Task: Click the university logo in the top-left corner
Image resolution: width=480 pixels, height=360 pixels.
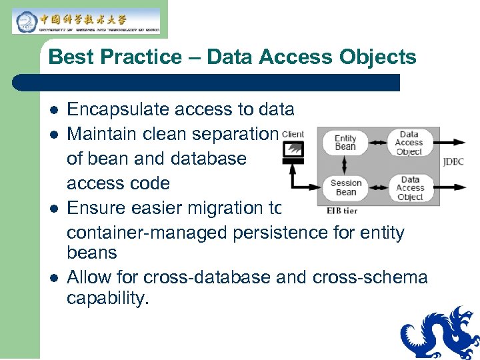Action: coord(86,21)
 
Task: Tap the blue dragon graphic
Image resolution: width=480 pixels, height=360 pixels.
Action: coord(440,333)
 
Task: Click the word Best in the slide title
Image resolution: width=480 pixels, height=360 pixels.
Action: coord(69,57)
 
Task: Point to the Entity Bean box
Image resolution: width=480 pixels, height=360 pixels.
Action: coord(345,143)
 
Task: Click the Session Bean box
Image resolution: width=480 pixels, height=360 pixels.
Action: coord(345,187)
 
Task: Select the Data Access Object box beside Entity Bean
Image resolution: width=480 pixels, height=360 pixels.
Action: coord(409,143)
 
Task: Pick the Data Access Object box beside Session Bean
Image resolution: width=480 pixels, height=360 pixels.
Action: coord(409,187)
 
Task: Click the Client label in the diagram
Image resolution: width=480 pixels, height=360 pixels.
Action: coord(293,134)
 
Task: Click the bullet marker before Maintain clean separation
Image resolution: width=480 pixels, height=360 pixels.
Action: coord(54,135)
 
